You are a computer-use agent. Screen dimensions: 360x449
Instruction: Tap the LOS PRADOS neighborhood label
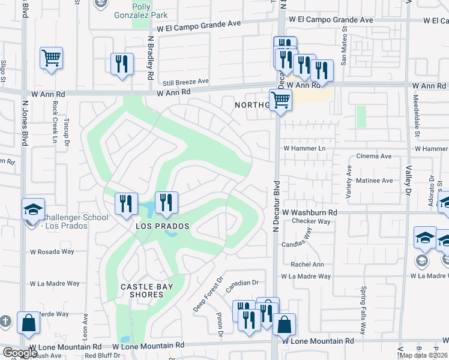click(x=162, y=226)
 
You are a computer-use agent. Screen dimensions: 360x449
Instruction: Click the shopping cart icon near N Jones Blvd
click(x=52, y=59)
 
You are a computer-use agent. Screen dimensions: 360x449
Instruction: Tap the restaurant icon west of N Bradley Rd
click(x=122, y=64)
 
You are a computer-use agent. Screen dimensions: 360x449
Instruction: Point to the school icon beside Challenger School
click(x=33, y=209)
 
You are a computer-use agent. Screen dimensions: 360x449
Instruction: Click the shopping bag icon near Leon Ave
click(x=29, y=323)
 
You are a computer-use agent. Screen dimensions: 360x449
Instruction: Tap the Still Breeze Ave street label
click(x=186, y=81)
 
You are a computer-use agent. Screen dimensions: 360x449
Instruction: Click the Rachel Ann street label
click(x=307, y=265)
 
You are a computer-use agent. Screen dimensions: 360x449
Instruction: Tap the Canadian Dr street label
click(x=241, y=283)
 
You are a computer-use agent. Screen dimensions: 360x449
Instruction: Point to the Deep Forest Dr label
click(x=208, y=294)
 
